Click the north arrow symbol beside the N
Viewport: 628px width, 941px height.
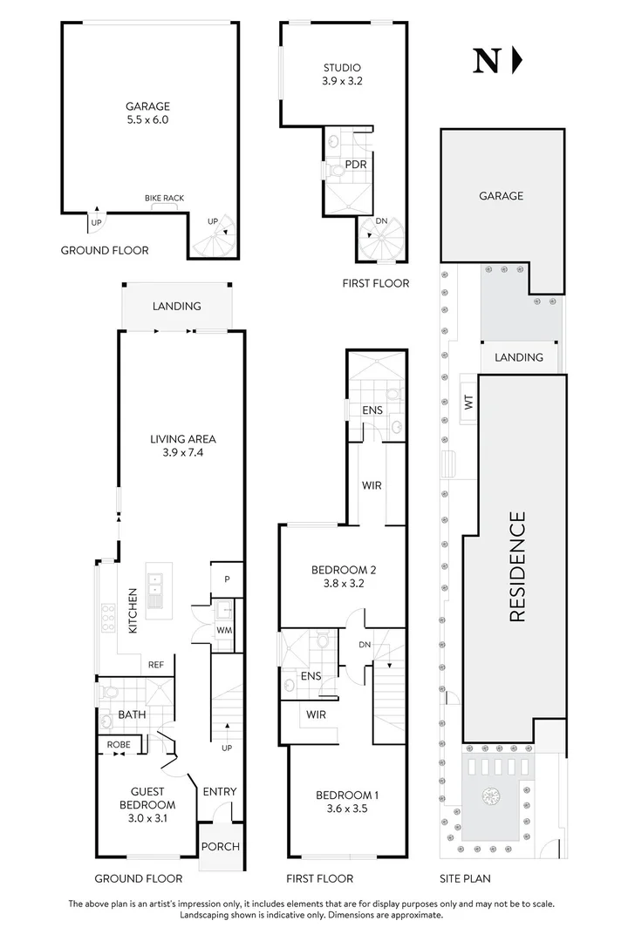click(516, 60)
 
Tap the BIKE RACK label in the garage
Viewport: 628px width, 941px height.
click(164, 199)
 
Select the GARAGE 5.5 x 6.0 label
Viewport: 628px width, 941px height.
click(147, 113)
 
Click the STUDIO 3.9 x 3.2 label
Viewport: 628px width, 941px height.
click(342, 74)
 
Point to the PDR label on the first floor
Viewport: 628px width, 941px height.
click(355, 164)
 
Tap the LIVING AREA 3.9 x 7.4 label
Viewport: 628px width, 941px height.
click(182, 445)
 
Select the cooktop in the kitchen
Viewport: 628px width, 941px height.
click(110, 617)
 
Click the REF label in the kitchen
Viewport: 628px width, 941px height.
click(156, 665)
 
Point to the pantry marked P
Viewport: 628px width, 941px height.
click(225, 579)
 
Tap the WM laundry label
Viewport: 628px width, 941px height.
click(224, 630)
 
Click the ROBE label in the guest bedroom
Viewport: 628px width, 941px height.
click(119, 745)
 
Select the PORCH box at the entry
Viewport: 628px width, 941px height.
click(220, 846)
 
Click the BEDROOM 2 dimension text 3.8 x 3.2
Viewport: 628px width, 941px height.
click(343, 585)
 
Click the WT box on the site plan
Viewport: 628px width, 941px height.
click(468, 402)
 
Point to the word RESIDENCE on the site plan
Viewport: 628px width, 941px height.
click(516, 566)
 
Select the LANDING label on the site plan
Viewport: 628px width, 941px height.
click(519, 357)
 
